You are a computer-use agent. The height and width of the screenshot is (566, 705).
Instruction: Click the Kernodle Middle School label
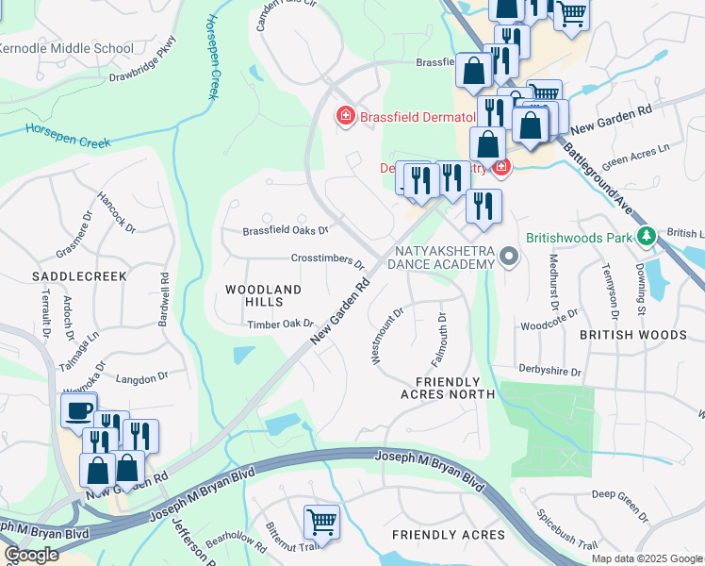66,48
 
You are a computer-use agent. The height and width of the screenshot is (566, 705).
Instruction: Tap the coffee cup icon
78,410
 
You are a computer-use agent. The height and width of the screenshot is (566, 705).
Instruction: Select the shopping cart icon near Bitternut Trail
321,522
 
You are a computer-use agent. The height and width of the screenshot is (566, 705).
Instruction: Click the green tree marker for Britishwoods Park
646,236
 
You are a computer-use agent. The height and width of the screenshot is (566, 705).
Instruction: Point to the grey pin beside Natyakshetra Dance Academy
510,257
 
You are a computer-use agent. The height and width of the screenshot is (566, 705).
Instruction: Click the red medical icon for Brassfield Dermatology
346,116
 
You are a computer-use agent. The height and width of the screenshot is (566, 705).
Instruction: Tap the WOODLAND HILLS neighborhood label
264,295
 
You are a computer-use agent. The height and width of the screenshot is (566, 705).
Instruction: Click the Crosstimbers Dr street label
327,261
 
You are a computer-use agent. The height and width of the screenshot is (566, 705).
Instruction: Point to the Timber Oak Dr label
280,324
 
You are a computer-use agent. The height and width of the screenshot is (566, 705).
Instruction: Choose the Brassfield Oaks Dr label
285,230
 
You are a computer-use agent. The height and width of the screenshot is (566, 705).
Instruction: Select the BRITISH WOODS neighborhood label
633,335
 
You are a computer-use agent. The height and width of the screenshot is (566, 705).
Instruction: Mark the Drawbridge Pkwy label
142,60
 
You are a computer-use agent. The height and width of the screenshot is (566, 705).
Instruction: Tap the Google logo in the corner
31,555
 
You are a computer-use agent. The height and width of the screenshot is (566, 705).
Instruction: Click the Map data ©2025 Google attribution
647,558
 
